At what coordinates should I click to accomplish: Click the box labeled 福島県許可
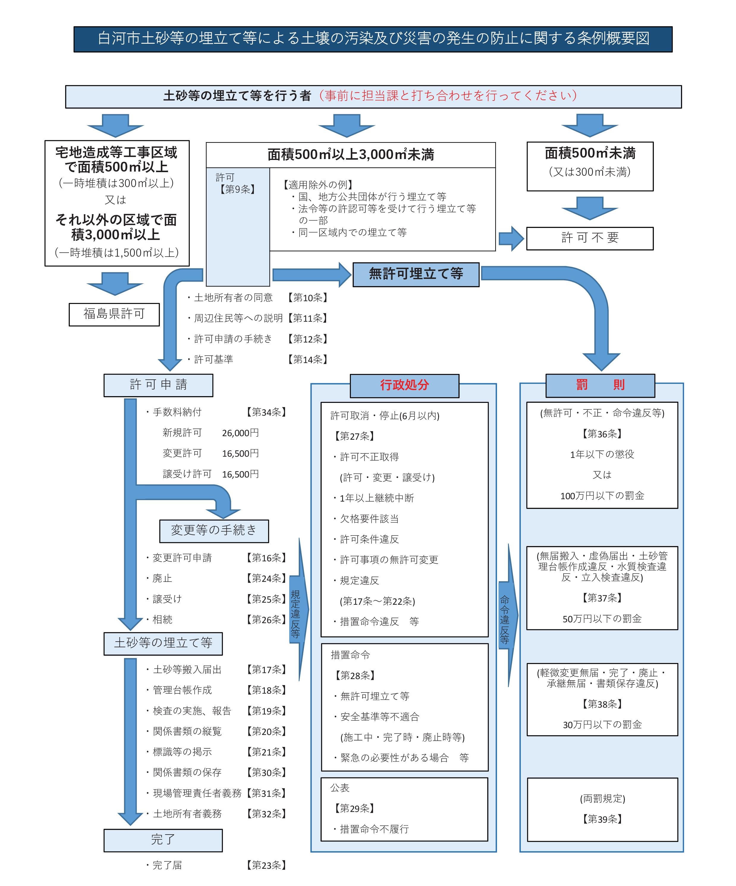(x=114, y=314)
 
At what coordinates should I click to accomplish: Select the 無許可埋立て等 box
(x=416, y=274)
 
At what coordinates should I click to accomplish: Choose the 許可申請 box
(x=158, y=385)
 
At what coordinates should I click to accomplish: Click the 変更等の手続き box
(x=214, y=530)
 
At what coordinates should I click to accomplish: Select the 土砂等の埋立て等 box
(x=163, y=643)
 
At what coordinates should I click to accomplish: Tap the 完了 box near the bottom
(x=163, y=840)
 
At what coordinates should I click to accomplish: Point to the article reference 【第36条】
(x=602, y=434)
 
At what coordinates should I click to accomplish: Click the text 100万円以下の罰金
(x=602, y=496)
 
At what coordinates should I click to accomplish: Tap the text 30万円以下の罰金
(x=602, y=725)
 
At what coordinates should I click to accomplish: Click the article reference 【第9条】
(x=238, y=189)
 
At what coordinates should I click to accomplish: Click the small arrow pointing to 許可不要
(x=510, y=238)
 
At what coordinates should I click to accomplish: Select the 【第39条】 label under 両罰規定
(x=602, y=819)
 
